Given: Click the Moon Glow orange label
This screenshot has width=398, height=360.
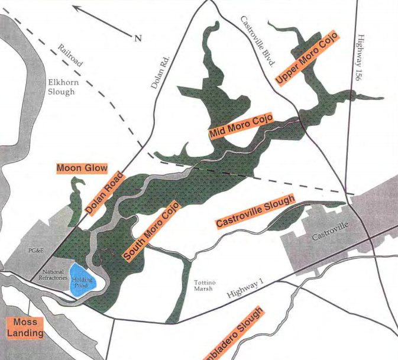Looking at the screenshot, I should pyautogui.click(x=82, y=168).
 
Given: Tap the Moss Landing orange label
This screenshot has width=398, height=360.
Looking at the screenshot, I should pyautogui.click(x=25, y=328).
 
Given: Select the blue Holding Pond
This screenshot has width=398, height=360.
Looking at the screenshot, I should pyautogui.click(x=80, y=279).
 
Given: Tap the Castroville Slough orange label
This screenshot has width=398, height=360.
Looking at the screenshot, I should pyautogui.click(x=255, y=212).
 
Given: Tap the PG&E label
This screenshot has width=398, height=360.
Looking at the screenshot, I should pyautogui.click(x=37, y=250).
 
